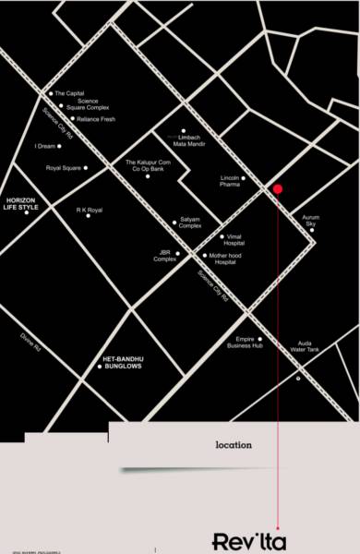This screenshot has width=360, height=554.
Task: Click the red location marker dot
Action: point(277,189)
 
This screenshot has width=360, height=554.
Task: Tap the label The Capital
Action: point(70,93)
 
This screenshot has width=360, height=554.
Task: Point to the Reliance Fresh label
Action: point(95,119)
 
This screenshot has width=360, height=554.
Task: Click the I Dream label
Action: point(45,146)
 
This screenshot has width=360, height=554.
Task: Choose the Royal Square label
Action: point(65,168)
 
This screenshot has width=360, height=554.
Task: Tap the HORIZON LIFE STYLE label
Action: point(22,204)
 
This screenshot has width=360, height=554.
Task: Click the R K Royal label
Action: point(90,211)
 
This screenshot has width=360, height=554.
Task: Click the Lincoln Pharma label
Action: point(231,180)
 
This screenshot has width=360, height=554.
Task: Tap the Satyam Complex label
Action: point(190,223)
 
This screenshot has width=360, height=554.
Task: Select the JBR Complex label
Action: point(166,255)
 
